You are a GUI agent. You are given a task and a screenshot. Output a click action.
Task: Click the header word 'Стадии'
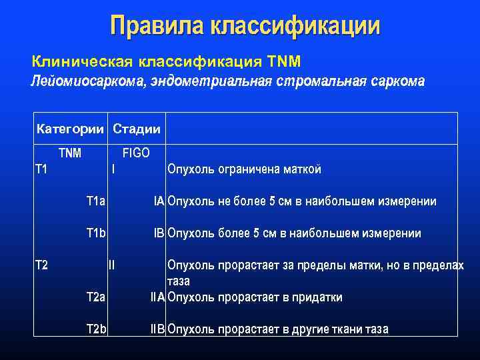137,128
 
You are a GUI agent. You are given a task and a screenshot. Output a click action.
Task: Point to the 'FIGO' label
136,153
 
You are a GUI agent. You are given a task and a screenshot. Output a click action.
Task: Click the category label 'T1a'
96,201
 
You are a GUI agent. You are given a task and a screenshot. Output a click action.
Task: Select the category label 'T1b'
96,233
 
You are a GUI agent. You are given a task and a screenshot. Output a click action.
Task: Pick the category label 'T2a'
96,297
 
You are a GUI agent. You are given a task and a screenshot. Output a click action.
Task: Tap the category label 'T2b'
96,329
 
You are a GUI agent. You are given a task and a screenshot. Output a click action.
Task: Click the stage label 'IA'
159,201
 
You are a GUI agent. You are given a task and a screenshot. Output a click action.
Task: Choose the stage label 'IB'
159,233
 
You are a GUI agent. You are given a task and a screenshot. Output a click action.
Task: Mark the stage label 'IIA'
157,297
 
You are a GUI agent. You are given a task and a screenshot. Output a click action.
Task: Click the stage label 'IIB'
157,329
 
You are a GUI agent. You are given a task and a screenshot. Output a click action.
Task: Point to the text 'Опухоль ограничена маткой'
245,169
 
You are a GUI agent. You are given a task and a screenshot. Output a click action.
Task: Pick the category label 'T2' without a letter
41,265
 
